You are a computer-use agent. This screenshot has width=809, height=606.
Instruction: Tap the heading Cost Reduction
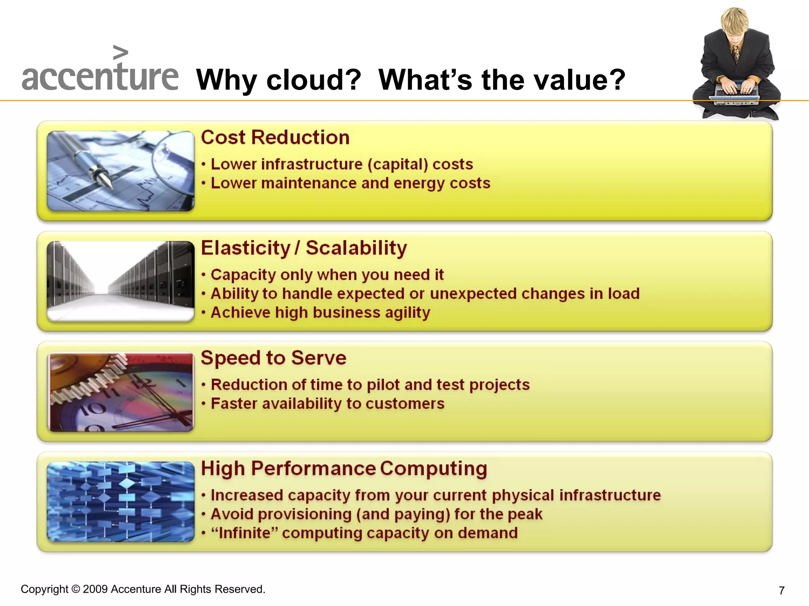(x=275, y=138)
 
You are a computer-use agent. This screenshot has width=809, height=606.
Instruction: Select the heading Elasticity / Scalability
(x=304, y=248)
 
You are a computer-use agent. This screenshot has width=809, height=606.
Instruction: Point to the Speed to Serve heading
(x=273, y=358)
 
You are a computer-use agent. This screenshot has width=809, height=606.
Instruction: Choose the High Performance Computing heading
(x=344, y=469)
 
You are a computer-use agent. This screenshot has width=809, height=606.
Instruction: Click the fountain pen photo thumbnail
(x=120, y=171)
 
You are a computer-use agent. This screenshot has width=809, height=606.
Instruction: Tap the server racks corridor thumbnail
(x=120, y=281)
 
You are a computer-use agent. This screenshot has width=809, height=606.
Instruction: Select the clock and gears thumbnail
(x=120, y=391)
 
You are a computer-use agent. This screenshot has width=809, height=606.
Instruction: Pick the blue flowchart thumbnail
(x=120, y=501)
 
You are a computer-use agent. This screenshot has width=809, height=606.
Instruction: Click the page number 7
(x=781, y=591)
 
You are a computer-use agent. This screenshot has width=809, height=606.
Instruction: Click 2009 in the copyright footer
(x=95, y=589)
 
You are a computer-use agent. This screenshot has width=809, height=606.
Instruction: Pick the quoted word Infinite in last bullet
(x=245, y=533)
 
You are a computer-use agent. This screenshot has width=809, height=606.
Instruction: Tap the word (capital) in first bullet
(x=397, y=165)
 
